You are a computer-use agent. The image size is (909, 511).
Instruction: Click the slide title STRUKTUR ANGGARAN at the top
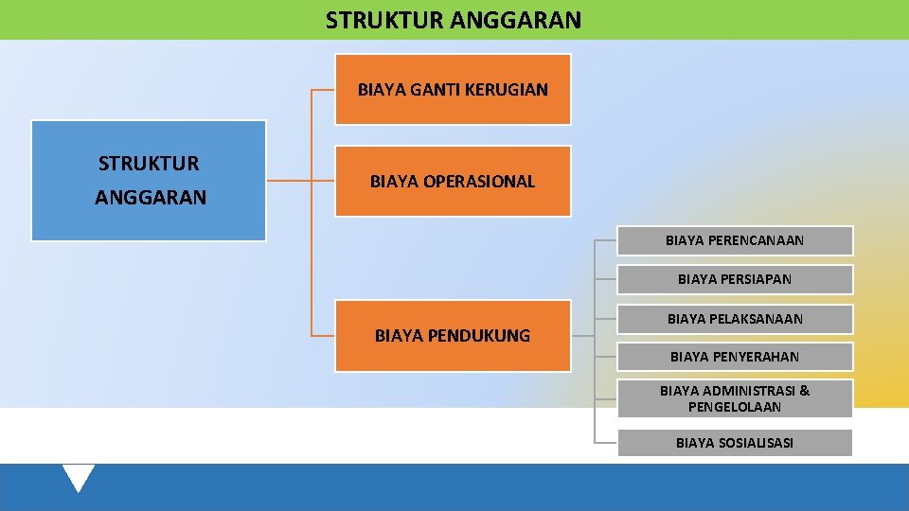point(454,20)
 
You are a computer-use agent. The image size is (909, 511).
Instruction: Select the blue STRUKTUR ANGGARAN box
point(149,181)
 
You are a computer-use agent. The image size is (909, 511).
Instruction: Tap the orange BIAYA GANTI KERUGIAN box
point(453,90)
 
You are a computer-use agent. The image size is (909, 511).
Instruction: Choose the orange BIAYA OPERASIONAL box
point(453,181)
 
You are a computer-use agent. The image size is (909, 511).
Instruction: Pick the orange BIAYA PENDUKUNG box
point(453,335)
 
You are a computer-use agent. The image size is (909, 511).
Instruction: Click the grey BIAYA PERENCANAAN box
point(735,240)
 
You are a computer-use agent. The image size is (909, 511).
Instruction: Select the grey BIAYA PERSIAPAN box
point(735,279)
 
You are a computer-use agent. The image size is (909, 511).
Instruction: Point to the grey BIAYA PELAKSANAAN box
point(735,319)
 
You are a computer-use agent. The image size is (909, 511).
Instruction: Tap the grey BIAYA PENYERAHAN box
point(735,357)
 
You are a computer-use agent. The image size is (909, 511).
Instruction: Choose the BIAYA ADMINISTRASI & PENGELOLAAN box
point(735,398)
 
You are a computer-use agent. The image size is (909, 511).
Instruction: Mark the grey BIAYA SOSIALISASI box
point(735,443)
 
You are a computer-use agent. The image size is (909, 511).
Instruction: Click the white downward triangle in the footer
point(78,476)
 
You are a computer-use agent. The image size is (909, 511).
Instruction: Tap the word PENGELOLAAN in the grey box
point(735,407)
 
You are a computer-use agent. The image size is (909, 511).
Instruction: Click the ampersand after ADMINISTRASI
point(805,390)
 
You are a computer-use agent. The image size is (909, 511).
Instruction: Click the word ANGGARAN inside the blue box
point(151,199)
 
